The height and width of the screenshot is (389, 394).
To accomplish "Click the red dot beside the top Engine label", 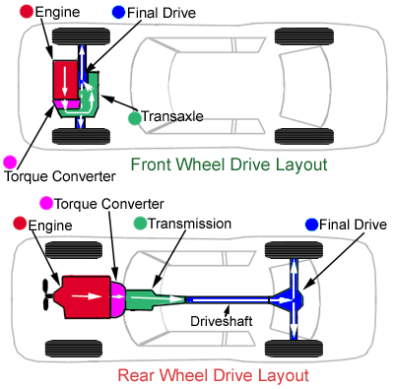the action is (27, 11).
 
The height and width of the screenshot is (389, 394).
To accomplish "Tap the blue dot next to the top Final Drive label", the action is (118, 12).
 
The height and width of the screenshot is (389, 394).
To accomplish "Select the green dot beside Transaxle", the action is (134, 118).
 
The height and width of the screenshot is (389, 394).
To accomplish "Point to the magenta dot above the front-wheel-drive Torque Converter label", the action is (10, 162).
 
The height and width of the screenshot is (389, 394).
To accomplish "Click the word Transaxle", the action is (172, 116).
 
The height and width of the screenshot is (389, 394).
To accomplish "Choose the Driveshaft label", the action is (222, 321).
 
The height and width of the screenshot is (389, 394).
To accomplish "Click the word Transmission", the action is (189, 224).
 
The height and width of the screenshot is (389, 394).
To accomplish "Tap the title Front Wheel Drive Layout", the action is (230, 164).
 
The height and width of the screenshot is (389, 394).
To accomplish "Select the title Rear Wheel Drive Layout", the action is (214, 375).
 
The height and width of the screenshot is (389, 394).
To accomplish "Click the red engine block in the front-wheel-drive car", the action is (66, 80).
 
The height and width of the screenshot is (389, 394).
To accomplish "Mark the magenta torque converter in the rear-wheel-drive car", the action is (117, 297).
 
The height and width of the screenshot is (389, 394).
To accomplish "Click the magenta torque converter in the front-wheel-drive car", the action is (67, 103).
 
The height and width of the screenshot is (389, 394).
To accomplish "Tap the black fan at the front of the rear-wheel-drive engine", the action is (47, 294).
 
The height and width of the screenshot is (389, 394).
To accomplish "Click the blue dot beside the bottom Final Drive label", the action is (311, 225).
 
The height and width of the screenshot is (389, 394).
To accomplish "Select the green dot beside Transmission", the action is (141, 223).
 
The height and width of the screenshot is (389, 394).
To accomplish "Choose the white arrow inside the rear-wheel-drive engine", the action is (87, 296).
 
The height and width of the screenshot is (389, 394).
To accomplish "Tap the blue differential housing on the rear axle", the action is (289, 299).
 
